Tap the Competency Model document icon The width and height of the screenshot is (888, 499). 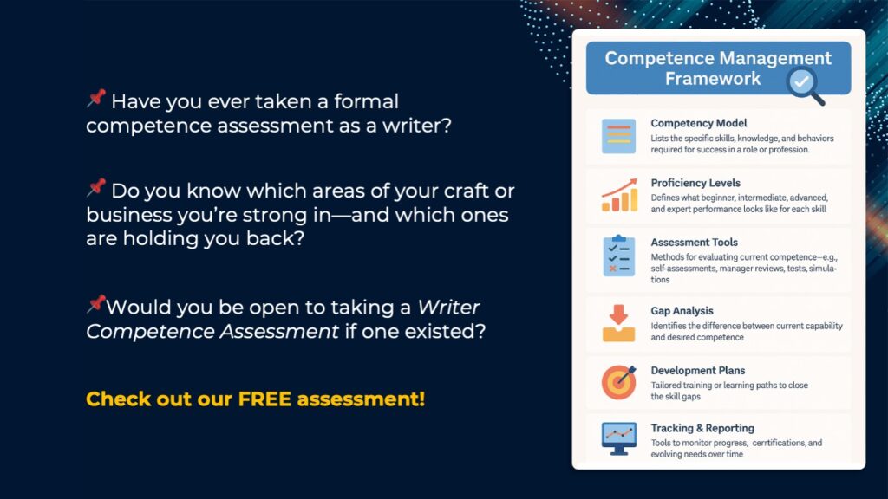click(618, 136)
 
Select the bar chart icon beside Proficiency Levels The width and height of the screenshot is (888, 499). click(619, 195)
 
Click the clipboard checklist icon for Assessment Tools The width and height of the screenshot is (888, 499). click(619, 256)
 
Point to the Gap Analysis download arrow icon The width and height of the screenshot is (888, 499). click(618, 323)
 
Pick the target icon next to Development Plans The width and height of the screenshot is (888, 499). click(618, 382)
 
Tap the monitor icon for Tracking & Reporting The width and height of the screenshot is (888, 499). click(619, 438)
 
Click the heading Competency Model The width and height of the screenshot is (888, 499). click(698, 123)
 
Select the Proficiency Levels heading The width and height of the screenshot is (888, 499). click(695, 183)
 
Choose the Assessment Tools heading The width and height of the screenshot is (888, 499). click(694, 243)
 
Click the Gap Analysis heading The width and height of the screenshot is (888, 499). click(682, 311)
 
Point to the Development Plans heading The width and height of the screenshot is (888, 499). click(698, 371)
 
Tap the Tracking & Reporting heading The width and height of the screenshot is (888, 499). click(702, 428)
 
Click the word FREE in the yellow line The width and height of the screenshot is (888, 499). click(264, 399)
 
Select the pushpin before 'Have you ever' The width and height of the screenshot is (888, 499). click(96, 98)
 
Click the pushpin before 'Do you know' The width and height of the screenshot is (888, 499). click(96, 187)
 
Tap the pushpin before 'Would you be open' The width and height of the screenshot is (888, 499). click(96, 304)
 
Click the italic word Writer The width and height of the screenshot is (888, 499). click(448, 308)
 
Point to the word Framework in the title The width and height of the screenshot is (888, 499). click(713, 78)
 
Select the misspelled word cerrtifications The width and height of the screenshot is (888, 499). click(779, 443)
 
